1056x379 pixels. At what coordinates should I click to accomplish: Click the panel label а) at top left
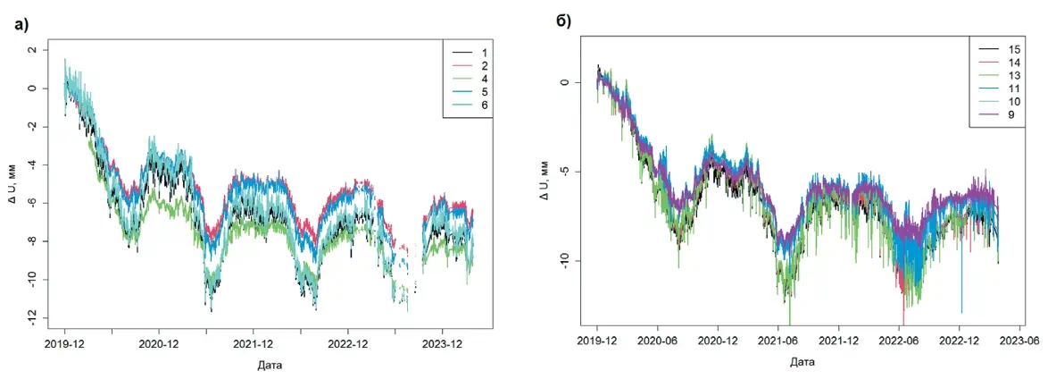(x=22, y=24)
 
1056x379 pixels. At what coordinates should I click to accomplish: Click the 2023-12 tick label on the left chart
(x=441, y=343)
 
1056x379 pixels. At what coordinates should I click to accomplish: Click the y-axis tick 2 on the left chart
(x=34, y=51)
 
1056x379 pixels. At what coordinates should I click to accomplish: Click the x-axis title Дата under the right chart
(x=802, y=362)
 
